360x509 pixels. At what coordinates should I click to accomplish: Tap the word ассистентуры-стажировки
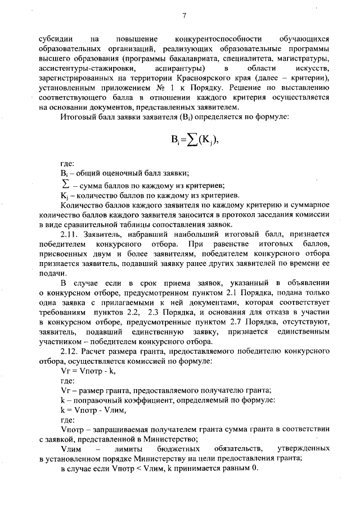(x=82, y=68)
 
